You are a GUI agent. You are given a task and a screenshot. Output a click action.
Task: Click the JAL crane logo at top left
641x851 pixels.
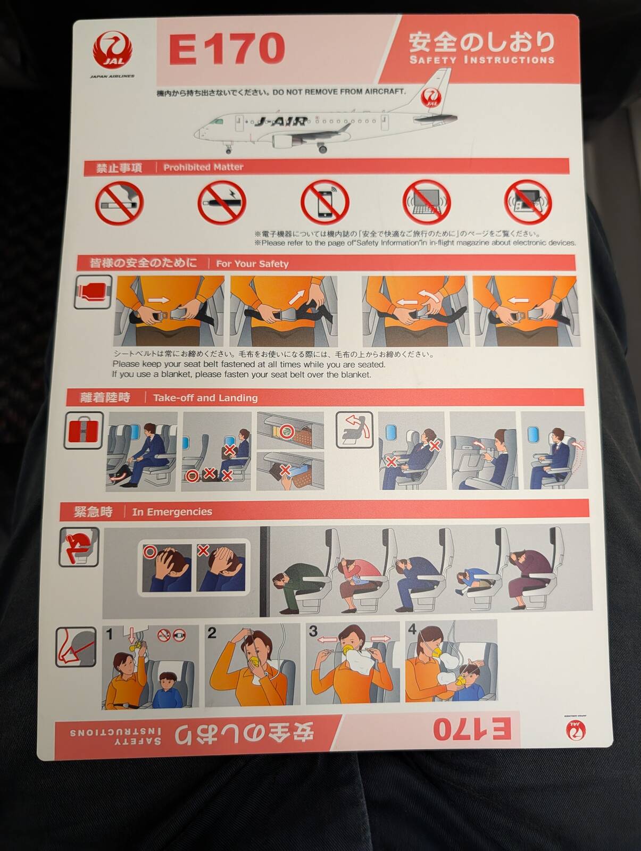tap(113, 51)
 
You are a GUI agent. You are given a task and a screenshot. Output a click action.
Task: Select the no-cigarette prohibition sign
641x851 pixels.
tap(120, 203)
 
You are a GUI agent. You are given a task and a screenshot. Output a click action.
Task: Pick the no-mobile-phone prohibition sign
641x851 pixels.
tap(325, 203)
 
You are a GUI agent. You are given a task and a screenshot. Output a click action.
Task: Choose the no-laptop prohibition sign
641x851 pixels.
tap(426, 203)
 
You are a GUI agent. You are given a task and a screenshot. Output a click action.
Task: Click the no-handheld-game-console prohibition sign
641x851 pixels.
tap(528, 202)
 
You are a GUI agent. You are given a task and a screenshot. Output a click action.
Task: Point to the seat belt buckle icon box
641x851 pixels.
tap(93, 292)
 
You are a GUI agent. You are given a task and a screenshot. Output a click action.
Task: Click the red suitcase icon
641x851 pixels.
tap(83, 430)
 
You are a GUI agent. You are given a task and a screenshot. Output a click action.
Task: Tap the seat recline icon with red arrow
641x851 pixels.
tap(354, 430)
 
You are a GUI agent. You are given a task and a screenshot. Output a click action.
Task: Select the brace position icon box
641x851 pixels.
tap(79, 547)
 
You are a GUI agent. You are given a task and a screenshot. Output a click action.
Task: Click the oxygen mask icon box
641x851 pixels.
tap(76, 647)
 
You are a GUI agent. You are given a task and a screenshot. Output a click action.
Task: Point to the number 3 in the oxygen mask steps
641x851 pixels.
tap(313, 631)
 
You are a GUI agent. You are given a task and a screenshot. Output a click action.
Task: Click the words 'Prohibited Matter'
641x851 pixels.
tap(203, 167)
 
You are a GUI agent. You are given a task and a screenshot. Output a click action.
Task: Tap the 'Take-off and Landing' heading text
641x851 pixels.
tap(205, 398)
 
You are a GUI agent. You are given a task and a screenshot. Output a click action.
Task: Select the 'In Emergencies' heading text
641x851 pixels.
tap(172, 512)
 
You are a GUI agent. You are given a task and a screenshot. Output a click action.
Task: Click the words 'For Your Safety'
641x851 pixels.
tap(252, 264)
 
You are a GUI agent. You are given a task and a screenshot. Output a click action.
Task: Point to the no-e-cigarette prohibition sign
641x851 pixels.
tap(222, 203)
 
